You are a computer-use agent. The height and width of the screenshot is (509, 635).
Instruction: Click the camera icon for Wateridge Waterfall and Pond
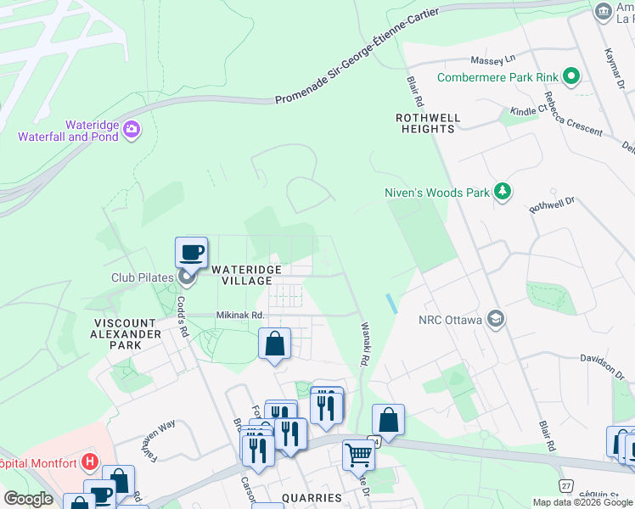pyautogui.click(x=132, y=129)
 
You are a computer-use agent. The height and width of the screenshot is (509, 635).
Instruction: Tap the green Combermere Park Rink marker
pyautogui.click(x=571, y=78)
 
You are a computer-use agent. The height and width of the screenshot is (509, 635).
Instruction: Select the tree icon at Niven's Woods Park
pyautogui.click(x=503, y=192)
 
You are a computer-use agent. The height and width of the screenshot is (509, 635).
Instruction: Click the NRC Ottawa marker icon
pyautogui.click(x=497, y=320)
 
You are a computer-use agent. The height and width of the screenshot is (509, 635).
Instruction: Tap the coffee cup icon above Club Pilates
pyautogui.click(x=191, y=252)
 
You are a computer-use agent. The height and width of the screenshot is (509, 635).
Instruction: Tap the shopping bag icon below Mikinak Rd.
pyautogui.click(x=274, y=344)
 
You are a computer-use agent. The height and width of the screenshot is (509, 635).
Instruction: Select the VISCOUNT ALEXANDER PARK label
pyautogui.click(x=126, y=334)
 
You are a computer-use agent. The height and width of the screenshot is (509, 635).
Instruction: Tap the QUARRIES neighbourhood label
pyautogui.click(x=312, y=497)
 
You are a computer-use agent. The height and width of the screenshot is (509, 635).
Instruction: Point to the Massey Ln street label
pyautogui.click(x=493, y=61)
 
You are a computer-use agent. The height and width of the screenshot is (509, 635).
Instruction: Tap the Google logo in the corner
pyautogui.click(x=28, y=498)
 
